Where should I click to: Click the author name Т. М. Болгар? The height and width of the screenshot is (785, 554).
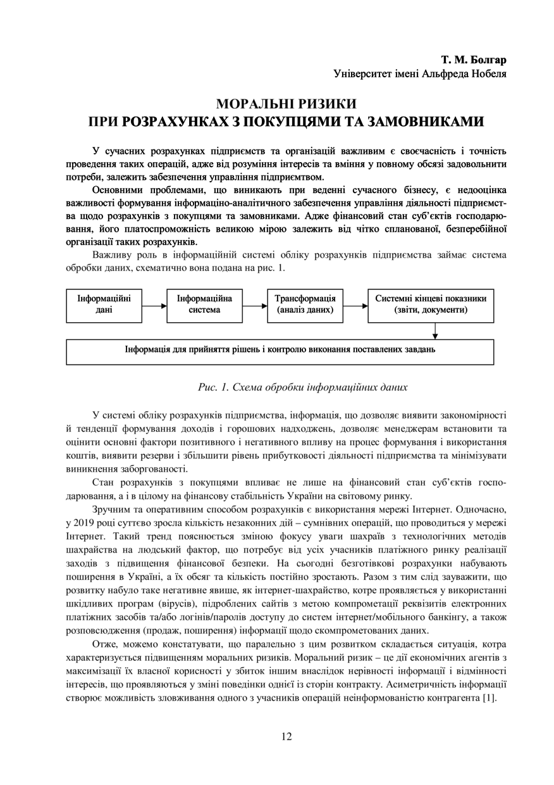click(x=474, y=60)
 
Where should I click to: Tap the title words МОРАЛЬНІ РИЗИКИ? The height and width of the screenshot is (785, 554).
click(x=286, y=103)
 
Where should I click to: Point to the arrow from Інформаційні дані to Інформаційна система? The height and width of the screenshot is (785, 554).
click(x=154, y=305)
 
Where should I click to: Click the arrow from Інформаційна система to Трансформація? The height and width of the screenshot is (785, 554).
click(x=254, y=305)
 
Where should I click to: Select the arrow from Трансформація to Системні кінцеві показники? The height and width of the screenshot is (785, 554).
click(x=355, y=305)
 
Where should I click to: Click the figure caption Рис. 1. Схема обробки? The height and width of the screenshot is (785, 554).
click(x=303, y=386)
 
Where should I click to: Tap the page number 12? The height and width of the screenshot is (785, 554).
click(x=286, y=736)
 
